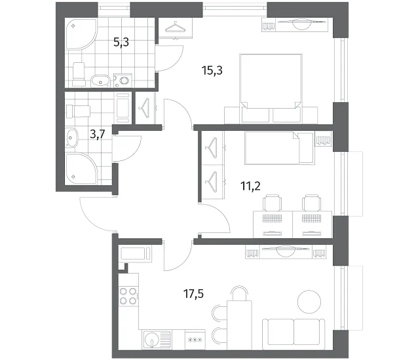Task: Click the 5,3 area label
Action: click(x=121, y=42)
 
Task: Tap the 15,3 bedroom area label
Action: click(x=212, y=71)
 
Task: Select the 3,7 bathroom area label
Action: click(x=98, y=134)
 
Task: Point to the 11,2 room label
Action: click(x=250, y=186)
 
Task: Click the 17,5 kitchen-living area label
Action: click(x=193, y=295)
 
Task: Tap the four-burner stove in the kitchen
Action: click(x=128, y=296)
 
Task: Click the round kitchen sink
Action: click(x=151, y=339)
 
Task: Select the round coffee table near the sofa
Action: click(x=309, y=302)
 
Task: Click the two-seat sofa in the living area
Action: click(x=294, y=334)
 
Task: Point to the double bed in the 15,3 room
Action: click(x=271, y=88)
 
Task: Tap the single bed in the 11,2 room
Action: click(x=279, y=149)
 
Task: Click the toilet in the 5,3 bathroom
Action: click(x=79, y=74)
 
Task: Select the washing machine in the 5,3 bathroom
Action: click(x=123, y=80)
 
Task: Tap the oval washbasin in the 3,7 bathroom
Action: click(x=71, y=137)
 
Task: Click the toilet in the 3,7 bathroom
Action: click(x=78, y=111)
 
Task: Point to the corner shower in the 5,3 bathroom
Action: click(x=81, y=33)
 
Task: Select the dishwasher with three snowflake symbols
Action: click(x=195, y=340)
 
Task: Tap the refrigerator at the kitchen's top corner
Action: click(x=136, y=253)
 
